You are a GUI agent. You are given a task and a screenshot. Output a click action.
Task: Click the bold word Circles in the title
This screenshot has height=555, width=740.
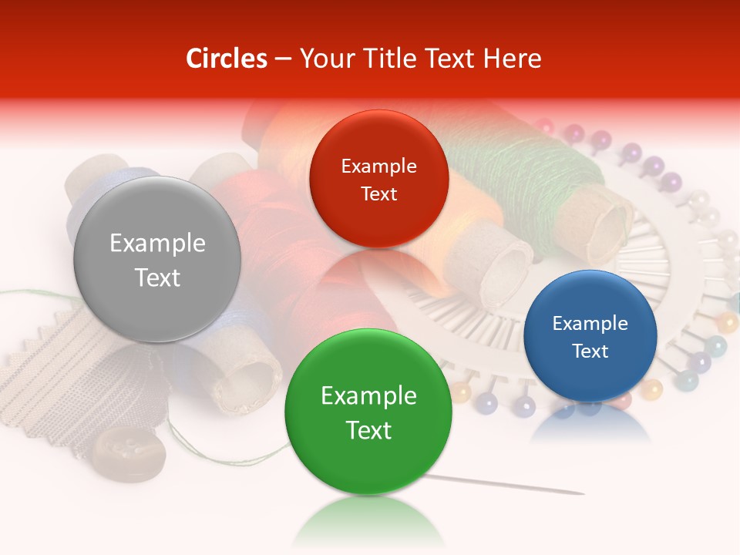coord(226,59)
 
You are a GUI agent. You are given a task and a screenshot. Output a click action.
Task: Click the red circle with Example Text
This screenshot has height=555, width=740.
coord(378,179)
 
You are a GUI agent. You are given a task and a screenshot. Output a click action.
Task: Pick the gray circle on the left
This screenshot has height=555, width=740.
coord(157,259)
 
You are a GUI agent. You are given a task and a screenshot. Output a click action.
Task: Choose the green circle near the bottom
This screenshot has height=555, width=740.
coord(368,412)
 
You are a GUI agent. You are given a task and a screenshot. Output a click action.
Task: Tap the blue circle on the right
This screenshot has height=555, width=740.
coord(590,336)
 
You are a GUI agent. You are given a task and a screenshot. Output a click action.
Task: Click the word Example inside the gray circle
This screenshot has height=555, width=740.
coord(157,243)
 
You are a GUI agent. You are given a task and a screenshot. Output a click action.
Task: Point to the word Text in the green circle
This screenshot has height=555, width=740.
coord(368,429)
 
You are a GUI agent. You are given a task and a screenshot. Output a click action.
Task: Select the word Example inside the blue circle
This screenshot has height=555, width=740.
coord(590,323)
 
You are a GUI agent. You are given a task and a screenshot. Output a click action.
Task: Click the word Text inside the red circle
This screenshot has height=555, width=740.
coord(378,193)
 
